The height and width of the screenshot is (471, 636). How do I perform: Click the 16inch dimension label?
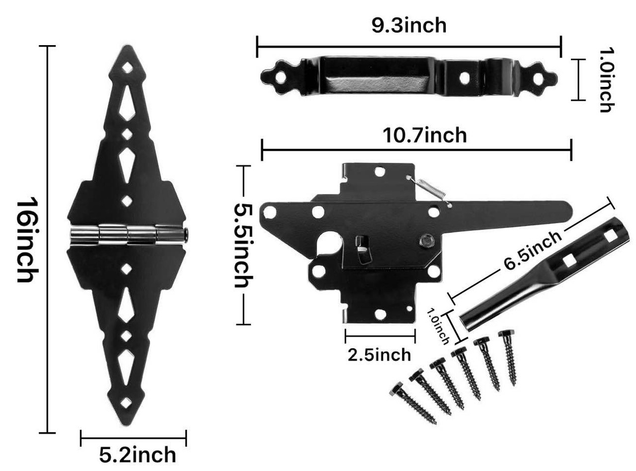coord(27,240)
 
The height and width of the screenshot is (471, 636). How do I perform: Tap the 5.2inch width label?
coord(137,455)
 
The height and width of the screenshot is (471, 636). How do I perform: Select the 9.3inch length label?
coord(409,25)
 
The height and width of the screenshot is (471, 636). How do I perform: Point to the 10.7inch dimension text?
coord(425,135)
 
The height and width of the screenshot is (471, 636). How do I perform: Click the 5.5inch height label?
coord(244,246)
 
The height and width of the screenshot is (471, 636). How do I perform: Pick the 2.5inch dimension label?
coord(379,355)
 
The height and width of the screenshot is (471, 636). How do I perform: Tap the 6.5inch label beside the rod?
coord(533,250)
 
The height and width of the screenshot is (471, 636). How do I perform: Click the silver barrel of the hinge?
coord(128,235)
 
